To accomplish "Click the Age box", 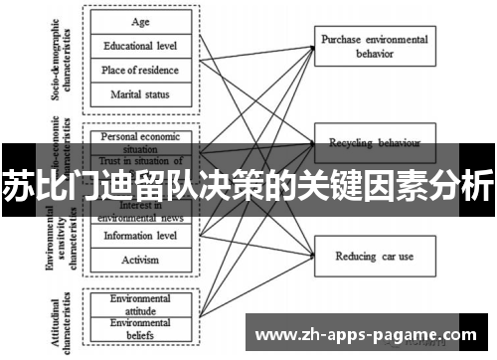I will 140,20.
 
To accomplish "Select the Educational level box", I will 140,45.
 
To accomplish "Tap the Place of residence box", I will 140,70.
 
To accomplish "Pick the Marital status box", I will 140,94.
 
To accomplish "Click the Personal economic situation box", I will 140,138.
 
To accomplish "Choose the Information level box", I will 140,236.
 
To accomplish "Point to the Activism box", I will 140,260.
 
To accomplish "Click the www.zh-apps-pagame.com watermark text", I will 374,335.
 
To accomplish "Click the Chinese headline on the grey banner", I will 248,186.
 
